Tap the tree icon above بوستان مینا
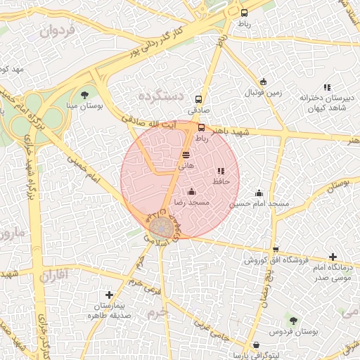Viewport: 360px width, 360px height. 85,94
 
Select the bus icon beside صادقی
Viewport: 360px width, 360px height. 198,99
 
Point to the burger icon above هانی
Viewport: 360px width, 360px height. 186,154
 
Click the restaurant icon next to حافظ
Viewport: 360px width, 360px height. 221,171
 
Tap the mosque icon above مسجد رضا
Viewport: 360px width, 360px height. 191,191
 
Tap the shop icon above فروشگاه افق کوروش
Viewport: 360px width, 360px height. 276,250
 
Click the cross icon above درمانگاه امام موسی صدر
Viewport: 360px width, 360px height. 333,257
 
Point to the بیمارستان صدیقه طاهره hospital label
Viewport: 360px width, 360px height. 108,311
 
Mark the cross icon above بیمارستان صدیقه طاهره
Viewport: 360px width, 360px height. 109,295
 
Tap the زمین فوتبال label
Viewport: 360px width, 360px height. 262,92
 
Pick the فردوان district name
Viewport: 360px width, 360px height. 56,31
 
